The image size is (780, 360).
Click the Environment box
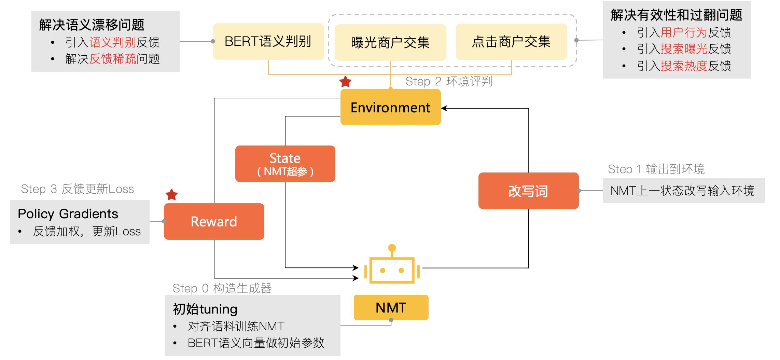coord(390,107)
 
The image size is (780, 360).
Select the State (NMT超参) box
coord(285,164)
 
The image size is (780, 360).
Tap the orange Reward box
coord(214,221)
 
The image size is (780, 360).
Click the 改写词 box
coord(528,191)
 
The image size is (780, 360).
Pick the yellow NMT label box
coord(391,307)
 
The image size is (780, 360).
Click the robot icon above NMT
coord(392,266)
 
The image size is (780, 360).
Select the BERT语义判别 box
coord(268,41)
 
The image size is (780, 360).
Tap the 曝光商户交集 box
coord(390,42)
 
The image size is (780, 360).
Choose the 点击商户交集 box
coord(511,42)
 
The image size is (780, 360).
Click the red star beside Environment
coord(345,82)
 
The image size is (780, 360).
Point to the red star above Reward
coord(171,195)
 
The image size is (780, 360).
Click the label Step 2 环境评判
coord(449,81)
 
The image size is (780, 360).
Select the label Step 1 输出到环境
coord(656,169)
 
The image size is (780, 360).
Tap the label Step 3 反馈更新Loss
coord(77,189)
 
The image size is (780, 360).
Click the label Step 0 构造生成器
coord(222,288)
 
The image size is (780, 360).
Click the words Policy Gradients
coord(68,214)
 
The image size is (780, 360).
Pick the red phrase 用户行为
coord(683,32)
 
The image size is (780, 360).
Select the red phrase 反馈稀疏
coord(113,59)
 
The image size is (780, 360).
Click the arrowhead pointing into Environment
coord(444,108)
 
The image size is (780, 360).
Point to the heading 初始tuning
coord(205,309)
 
